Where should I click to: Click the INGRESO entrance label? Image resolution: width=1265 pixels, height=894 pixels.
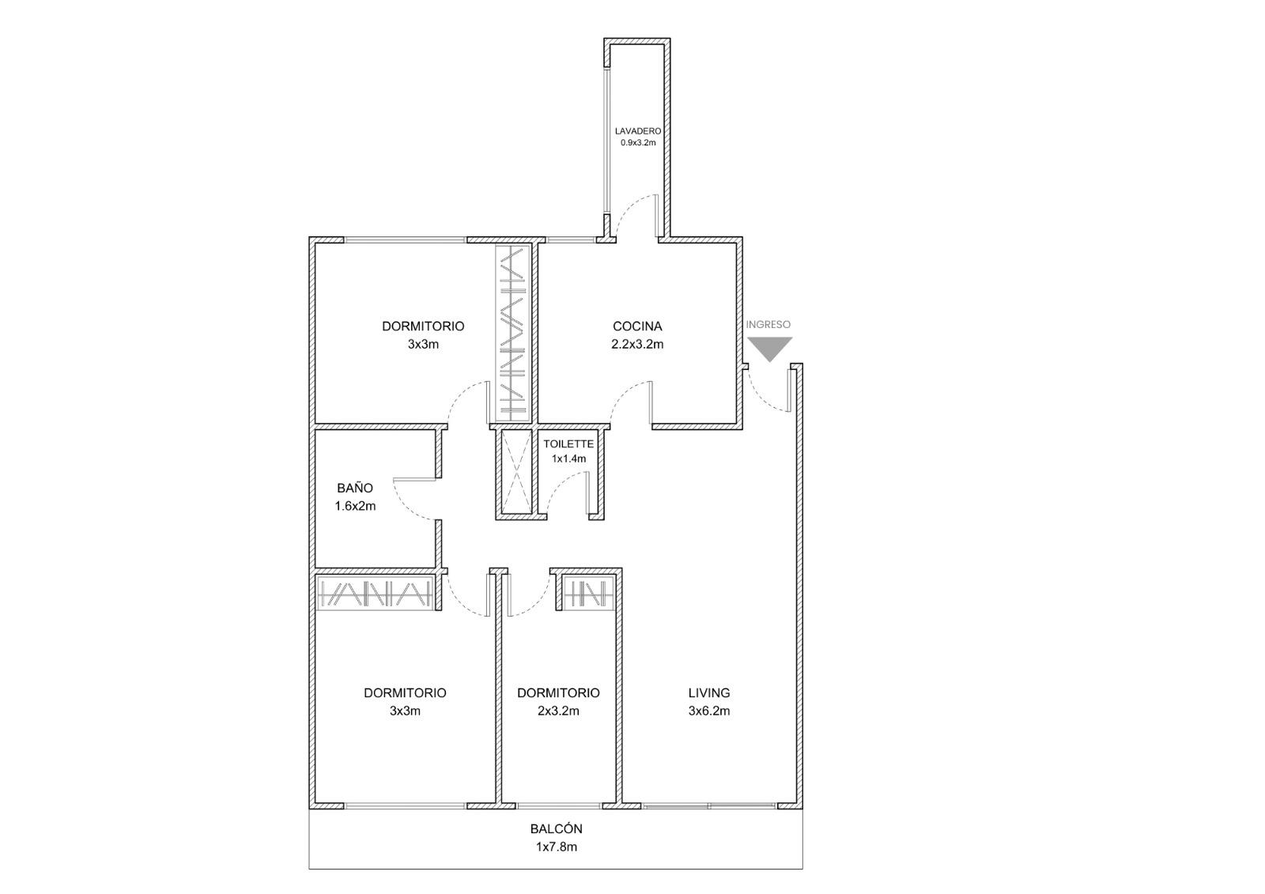pyautogui.click(x=768, y=325)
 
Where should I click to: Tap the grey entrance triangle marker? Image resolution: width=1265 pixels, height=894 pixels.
pyautogui.click(x=770, y=348)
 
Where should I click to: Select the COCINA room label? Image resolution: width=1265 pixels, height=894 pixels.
pyautogui.click(x=637, y=326)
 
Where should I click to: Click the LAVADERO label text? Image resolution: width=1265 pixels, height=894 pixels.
pyautogui.click(x=637, y=131)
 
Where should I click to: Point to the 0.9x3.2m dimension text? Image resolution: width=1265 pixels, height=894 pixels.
pyautogui.click(x=638, y=143)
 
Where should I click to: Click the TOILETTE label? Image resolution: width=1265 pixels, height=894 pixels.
pyautogui.click(x=568, y=444)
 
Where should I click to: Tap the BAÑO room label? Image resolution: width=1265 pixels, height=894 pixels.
pyautogui.click(x=355, y=488)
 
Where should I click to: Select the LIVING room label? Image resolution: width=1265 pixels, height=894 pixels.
pyautogui.click(x=708, y=692)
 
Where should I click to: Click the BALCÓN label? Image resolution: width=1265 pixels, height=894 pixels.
pyautogui.click(x=556, y=828)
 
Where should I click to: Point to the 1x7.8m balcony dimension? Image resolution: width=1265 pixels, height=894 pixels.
pyautogui.click(x=557, y=847)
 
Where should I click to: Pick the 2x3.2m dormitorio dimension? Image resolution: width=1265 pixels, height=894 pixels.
pyautogui.click(x=558, y=711)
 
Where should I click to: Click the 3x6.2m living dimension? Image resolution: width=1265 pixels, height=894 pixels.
pyautogui.click(x=708, y=711)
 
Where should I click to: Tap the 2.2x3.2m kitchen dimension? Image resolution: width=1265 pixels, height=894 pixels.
pyautogui.click(x=637, y=344)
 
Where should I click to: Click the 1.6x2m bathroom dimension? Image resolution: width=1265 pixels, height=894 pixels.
pyautogui.click(x=355, y=506)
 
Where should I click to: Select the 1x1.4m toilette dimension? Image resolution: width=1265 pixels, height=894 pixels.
pyautogui.click(x=568, y=458)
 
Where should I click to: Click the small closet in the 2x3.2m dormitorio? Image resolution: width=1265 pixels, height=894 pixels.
pyautogui.click(x=588, y=593)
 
